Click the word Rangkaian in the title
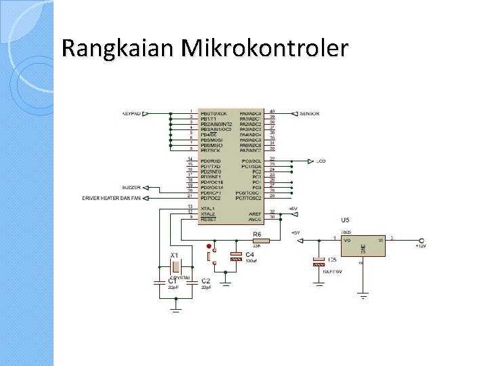click(x=119, y=48)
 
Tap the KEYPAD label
click(x=131, y=113)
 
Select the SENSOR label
click(x=310, y=113)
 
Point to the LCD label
click(x=321, y=161)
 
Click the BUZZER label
click(x=131, y=187)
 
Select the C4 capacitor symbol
click(x=235, y=257)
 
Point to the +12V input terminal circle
click(x=422, y=240)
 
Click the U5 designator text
click(x=345, y=220)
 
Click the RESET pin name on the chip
click(x=207, y=219)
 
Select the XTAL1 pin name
click(x=207, y=208)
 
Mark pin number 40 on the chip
click(x=272, y=111)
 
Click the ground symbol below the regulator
click(x=364, y=296)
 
